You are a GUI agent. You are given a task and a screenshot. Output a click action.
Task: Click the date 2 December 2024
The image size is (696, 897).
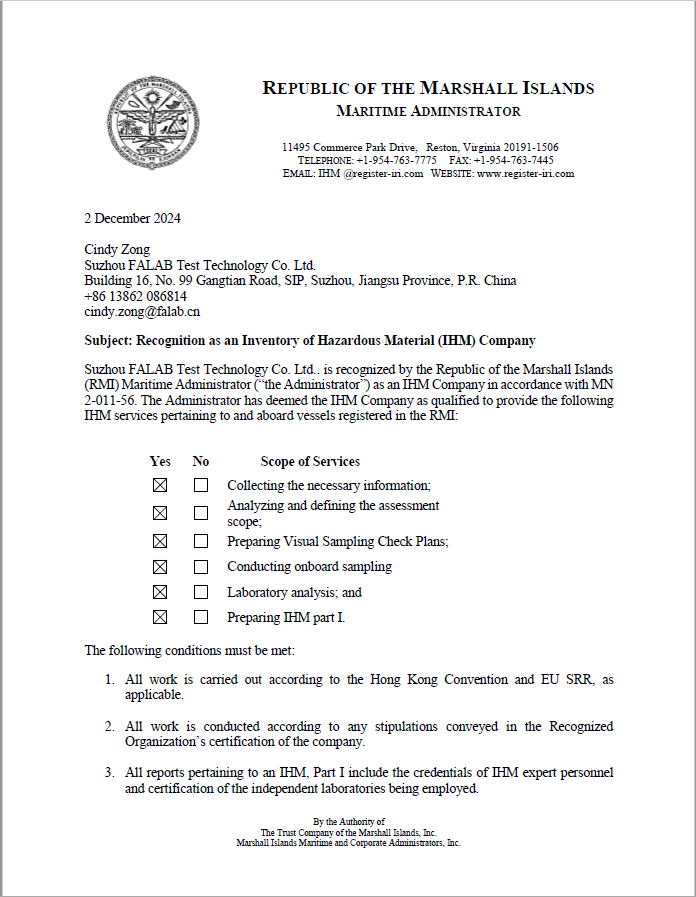click(132, 218)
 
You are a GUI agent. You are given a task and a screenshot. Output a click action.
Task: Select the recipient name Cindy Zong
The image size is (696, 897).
click(117, 249)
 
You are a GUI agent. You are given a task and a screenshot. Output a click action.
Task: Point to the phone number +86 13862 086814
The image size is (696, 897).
click(135, 296)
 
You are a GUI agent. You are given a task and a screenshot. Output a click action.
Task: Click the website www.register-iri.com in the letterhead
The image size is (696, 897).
click(525, 173)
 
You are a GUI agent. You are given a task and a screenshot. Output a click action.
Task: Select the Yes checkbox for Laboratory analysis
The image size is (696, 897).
click(159, 592)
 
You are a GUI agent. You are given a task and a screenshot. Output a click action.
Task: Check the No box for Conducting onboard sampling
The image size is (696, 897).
click(201, 567)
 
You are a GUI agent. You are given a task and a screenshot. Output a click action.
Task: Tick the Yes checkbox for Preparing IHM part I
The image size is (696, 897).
click(159, 617)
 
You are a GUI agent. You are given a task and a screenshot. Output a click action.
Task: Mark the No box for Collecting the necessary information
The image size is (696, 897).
click(201, 485)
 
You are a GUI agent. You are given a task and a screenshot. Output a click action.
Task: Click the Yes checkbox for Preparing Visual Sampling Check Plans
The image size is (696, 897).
click(159, 541)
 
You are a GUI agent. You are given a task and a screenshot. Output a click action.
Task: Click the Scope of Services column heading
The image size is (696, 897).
click(310, 461)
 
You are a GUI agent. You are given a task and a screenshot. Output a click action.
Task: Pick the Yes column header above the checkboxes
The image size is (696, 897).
click(160, 461)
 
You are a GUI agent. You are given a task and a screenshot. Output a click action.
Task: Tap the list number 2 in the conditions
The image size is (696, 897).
click(110, 726)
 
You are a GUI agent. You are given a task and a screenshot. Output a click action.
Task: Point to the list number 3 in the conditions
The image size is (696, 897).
click(110, 773)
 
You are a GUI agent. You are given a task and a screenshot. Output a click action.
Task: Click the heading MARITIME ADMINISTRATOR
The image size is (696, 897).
click(428, 111)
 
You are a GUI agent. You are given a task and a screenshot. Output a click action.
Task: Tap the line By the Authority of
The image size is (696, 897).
click(348, 822)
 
